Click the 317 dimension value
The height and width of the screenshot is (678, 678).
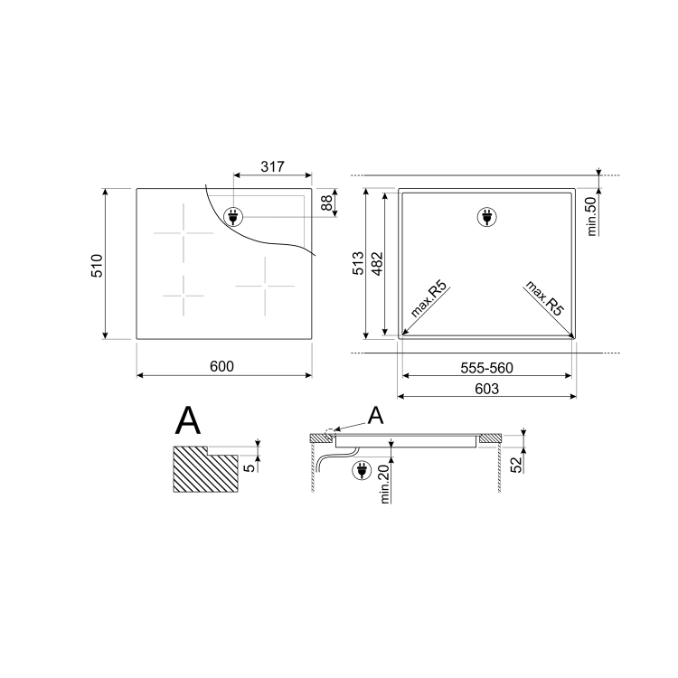pyautogui.click(x=272, y=166)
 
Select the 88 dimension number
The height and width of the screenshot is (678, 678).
pyautogui.click(x=326, y=203)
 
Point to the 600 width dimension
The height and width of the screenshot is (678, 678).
pyautogui.click(x=222, y=366)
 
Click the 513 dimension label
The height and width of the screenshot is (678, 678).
pyautogui.click(x=358, y=264)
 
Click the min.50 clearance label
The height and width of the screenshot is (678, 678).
pyautogui.click(x=593, y=215)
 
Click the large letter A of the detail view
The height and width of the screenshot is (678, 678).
pyautogui.click(x=188, y=421)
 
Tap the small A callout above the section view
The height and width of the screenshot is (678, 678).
pyautogui.click(x=375, y=415)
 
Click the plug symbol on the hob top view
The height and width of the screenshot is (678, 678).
pyautogui.click(x=234, y=216)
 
